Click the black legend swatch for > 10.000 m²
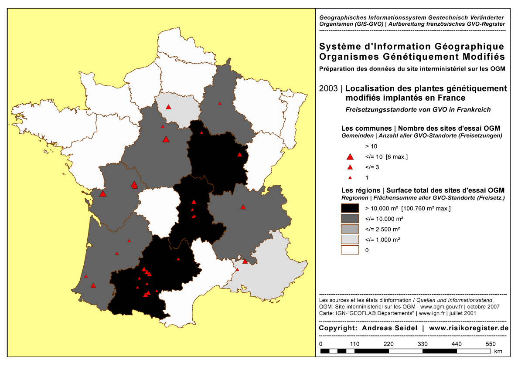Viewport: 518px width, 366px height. tap(350, 208)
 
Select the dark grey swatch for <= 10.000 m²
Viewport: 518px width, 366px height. tap(350, 219)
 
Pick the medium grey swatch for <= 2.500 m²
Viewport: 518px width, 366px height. tap(350, 229)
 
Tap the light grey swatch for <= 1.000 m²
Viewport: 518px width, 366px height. tap(350, 240)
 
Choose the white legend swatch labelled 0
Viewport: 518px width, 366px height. tap(350, 250)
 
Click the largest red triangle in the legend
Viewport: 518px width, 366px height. tap(349, 157)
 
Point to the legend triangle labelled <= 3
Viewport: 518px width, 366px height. tap(349, 167)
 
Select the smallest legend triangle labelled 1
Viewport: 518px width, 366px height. tap(349, 178)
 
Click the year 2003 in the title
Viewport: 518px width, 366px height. tap(328, 88)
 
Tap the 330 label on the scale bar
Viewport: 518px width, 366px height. tap(423, 344)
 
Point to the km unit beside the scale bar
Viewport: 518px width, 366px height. tap(498, 351)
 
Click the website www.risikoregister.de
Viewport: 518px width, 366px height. tap(469, 328)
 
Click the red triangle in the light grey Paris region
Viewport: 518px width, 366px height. tap(168, 107)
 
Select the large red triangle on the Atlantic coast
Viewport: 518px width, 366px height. tap(102, 194)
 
